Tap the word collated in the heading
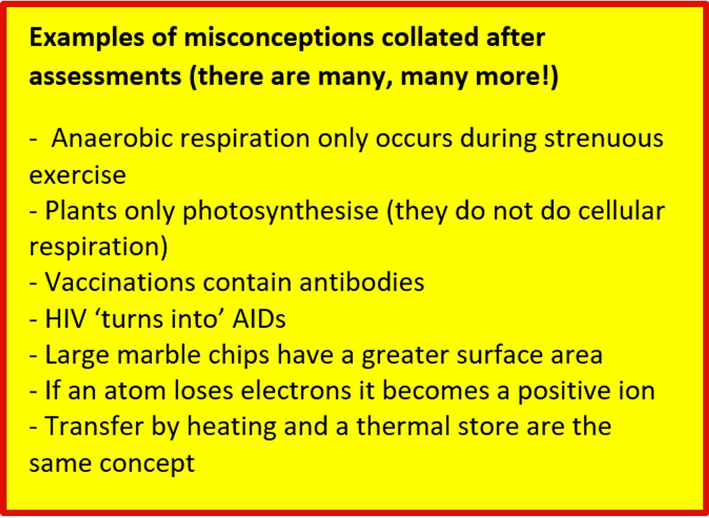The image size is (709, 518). [430, 37]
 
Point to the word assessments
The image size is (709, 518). [105, 77]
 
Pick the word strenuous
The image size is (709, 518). [603, 139]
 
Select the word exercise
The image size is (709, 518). [77, 175]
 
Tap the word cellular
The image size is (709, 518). [622, 210]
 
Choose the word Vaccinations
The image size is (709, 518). [120, 282]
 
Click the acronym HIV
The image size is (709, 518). [66, 319]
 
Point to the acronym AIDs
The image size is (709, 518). [259, 319]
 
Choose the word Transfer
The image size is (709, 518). [95, 426]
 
